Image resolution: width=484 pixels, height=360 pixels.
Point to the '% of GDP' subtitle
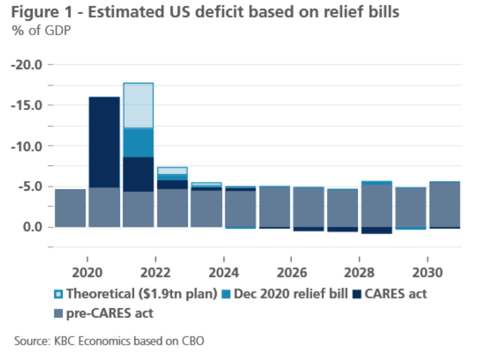pos(41,30)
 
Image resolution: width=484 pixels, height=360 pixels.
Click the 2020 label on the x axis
pos(87,273)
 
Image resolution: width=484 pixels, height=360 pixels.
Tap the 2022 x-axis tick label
pos(156,273)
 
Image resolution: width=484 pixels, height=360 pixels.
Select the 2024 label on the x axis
pos(223,273)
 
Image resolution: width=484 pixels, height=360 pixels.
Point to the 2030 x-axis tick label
pos(428,273)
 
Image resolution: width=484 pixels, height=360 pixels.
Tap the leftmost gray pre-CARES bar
pos(70,208)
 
